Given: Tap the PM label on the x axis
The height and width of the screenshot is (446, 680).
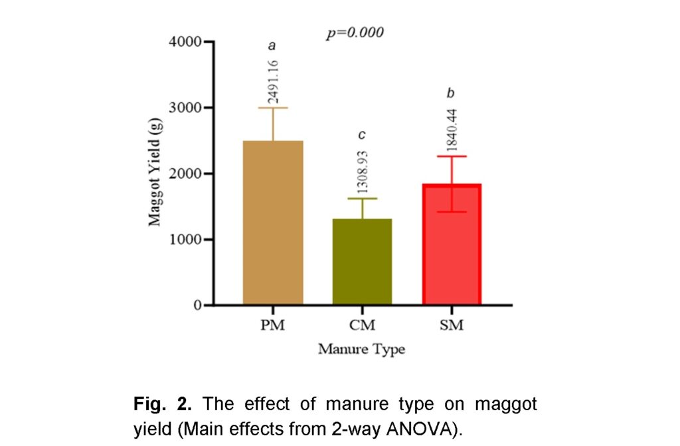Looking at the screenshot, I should (x=273, y=326).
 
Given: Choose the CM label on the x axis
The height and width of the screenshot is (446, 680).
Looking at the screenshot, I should (x=363, y=326).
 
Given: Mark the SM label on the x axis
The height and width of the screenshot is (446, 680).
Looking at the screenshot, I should (x=452, y=326).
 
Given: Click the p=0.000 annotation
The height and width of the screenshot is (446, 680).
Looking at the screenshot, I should (x=355, y=33).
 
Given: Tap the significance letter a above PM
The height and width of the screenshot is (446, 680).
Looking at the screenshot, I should (x=272, y=45).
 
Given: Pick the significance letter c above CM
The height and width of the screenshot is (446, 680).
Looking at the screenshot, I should (x=362, y=135).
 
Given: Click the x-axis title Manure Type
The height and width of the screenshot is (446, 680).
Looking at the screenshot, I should (x=361, y=348).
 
